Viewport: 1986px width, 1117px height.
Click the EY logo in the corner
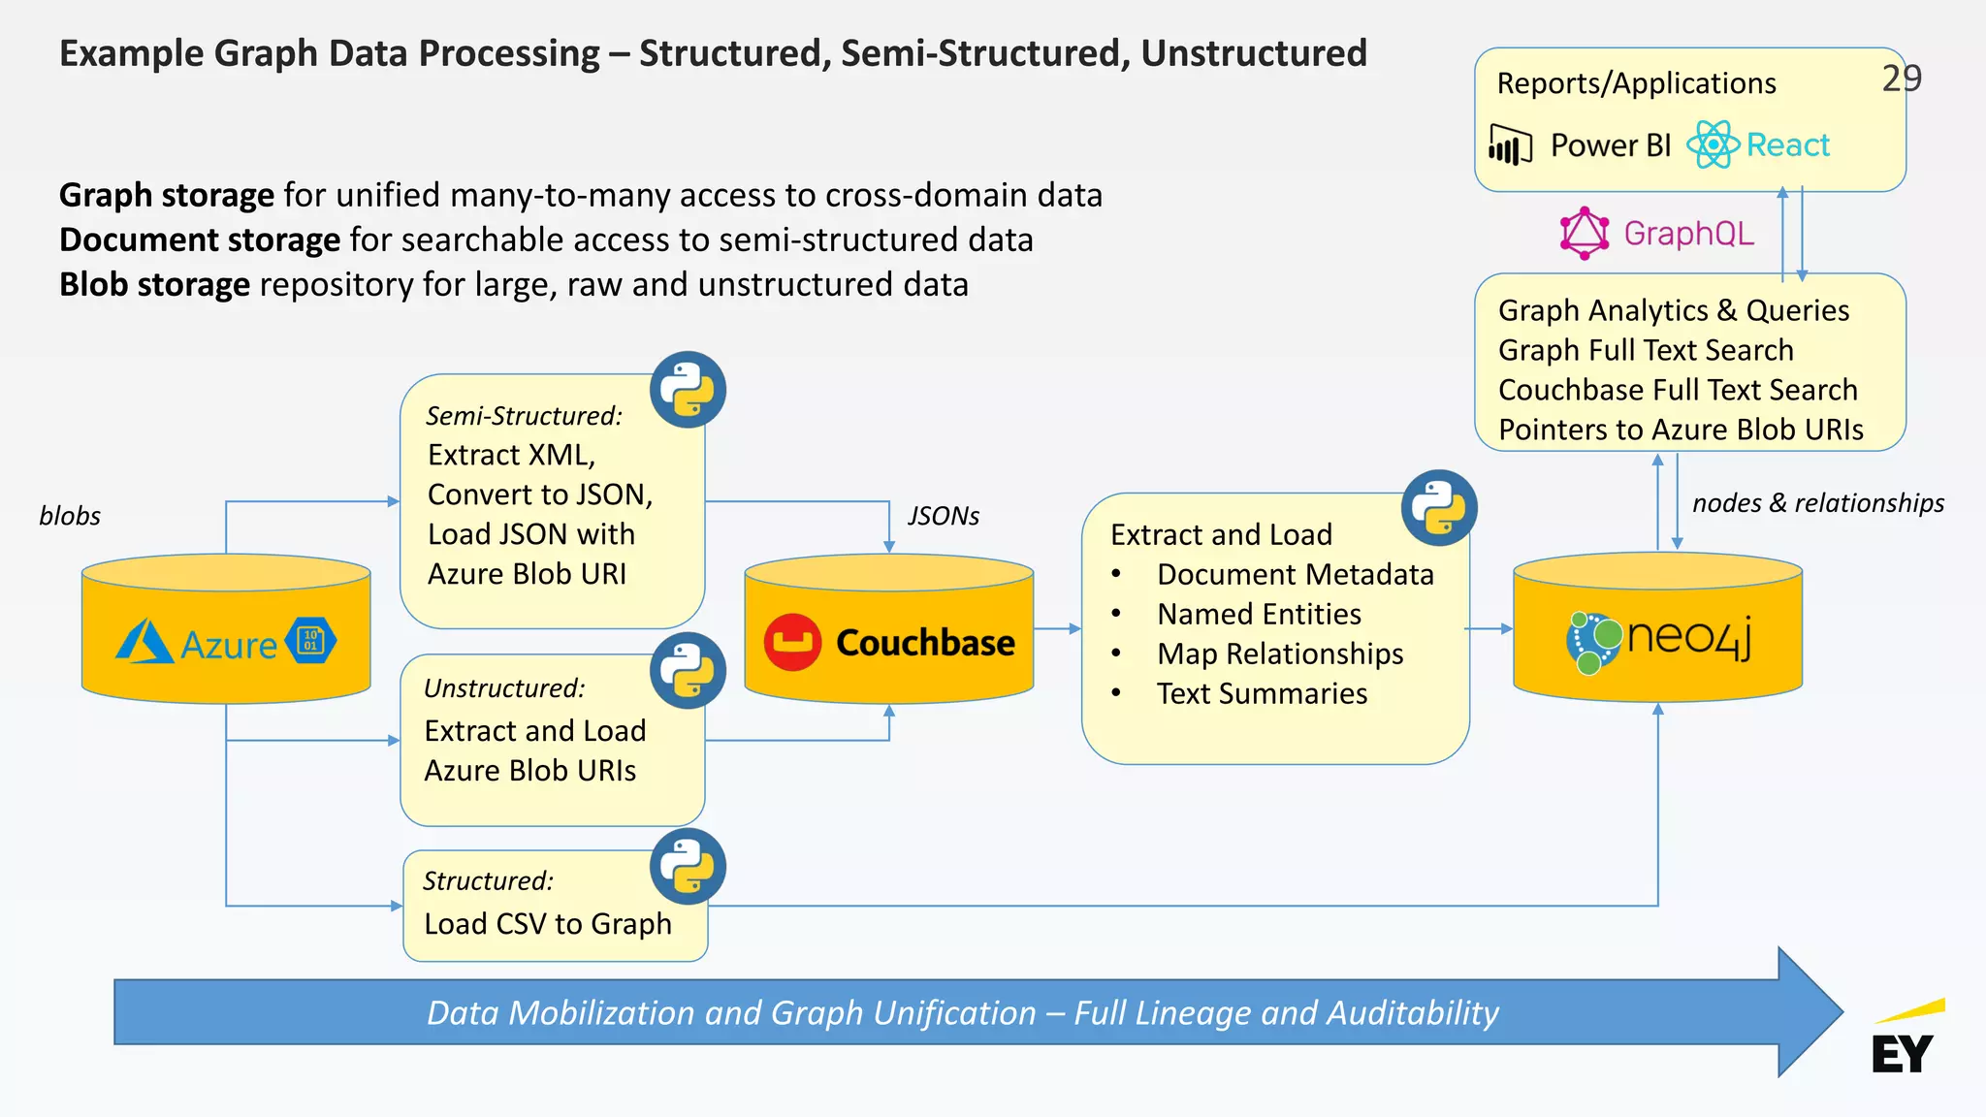[1905, 1043]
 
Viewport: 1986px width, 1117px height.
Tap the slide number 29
[1901, 79]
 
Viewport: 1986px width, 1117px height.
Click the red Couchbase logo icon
[792, 642]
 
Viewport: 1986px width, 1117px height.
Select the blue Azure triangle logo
[144, 642]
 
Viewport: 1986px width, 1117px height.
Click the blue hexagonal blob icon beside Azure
[311, 640]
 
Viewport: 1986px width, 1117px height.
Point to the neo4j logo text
[1689, 637]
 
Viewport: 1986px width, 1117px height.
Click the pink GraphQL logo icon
[1584, 234]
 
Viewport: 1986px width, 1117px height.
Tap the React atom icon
[1713, 145]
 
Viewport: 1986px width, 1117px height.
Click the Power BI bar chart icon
[1510, 146]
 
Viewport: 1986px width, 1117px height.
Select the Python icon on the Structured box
[688, 866]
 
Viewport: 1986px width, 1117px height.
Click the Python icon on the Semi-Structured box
[688, 390]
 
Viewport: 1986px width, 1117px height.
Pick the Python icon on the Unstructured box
[688, 670]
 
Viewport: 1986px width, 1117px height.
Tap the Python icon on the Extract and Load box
[1439, 508]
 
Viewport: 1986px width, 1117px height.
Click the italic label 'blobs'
[70, 516]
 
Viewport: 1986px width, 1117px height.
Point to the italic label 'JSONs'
[943, 516]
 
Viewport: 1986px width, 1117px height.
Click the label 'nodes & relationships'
[1817, 503]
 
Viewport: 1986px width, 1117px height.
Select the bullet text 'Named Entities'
[1259, 614]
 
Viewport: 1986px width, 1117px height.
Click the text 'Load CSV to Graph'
[548, 924]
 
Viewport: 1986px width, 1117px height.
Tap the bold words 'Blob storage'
[155, 285]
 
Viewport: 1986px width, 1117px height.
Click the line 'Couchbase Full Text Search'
[1678, 390]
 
